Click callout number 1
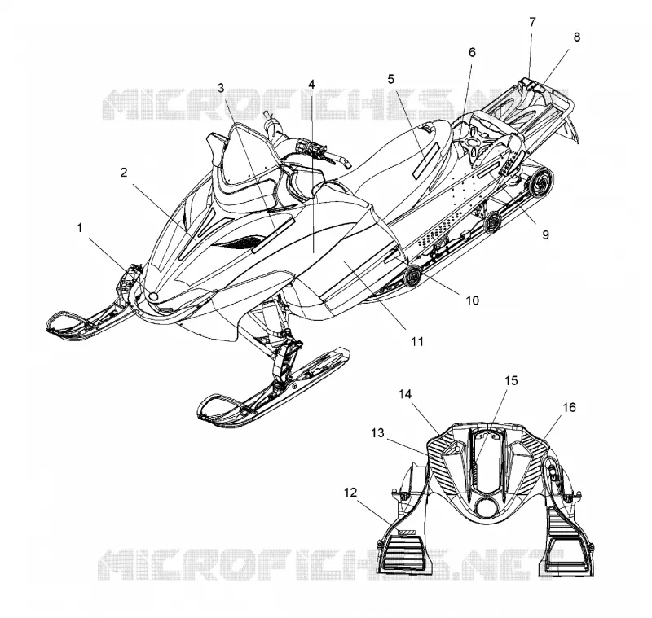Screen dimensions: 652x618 click(80, 228)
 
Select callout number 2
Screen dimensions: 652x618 click(124, 173)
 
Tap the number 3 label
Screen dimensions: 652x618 click(221, 88)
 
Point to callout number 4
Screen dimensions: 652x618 click(311, 85)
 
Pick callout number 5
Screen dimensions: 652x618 click(391, 79)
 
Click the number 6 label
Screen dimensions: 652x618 click(472, 52)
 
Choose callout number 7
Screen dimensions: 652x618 click(533, 22)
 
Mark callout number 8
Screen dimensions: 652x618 click(576, 37)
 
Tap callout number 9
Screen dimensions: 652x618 click(545, 234)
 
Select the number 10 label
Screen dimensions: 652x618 click(472, 300)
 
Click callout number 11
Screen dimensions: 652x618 click(417, 341)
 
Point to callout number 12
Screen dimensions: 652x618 click(350, 493)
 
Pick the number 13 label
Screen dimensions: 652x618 click(377, 434)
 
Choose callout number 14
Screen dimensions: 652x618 click(405, 394)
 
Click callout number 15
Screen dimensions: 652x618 click(512, 380)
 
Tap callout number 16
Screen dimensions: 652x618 click(569, 408)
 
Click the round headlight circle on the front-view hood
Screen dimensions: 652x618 click(486, 507)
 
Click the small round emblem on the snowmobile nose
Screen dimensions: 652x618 click(153, 296)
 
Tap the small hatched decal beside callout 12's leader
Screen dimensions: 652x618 click(406, 532)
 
